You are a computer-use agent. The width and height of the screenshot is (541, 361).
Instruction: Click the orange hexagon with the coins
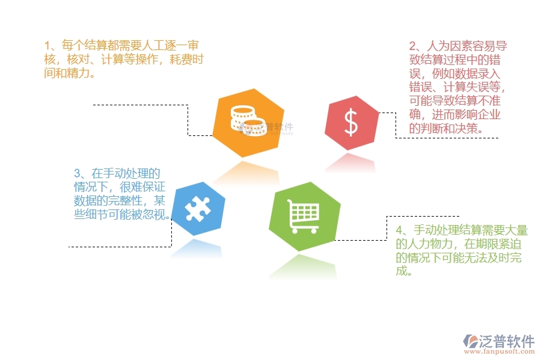(x=240, y=123)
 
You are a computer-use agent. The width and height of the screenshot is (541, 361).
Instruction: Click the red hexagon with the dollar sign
(x=352, y=123)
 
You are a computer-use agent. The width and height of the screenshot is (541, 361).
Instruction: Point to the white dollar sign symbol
(x=351, y=123)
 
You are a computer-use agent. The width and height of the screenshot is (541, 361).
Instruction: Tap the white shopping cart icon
(x=304, y=216)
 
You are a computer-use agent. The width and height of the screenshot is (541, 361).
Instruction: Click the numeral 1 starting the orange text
(x=47, y=46)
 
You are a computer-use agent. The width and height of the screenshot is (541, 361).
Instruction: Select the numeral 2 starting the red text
(x=413, y=46)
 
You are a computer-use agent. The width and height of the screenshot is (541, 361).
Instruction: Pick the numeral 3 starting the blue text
(x=77, y=173)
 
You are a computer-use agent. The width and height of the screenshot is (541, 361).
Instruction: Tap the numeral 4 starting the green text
(x=400, y=230)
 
